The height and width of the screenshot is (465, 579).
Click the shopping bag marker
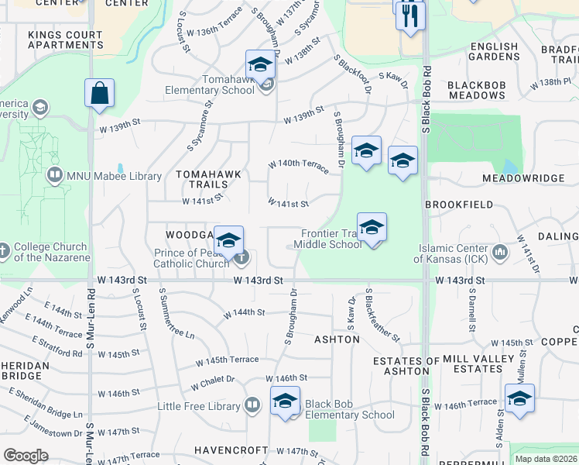pos(100,94)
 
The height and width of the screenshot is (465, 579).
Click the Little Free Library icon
pos(252,405)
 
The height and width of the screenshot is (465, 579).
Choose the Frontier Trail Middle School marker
pos(372,228)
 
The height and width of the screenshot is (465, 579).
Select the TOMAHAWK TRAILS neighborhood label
pos(202,180)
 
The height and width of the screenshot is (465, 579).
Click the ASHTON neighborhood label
pos(337,339)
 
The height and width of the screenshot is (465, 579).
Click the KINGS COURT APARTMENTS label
pos(66,40)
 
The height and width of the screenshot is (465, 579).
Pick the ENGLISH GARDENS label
pos(494,52)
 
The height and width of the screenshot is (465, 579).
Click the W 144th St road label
pos(245,313)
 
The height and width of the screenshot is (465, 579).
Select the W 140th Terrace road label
pos(299,164)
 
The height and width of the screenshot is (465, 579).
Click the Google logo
pos(26,456)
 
